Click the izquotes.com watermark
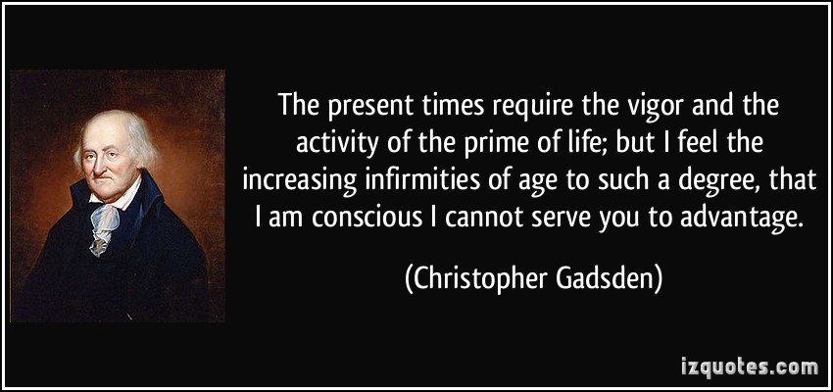pos(750,367)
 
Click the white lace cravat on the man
pos(105,226)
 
